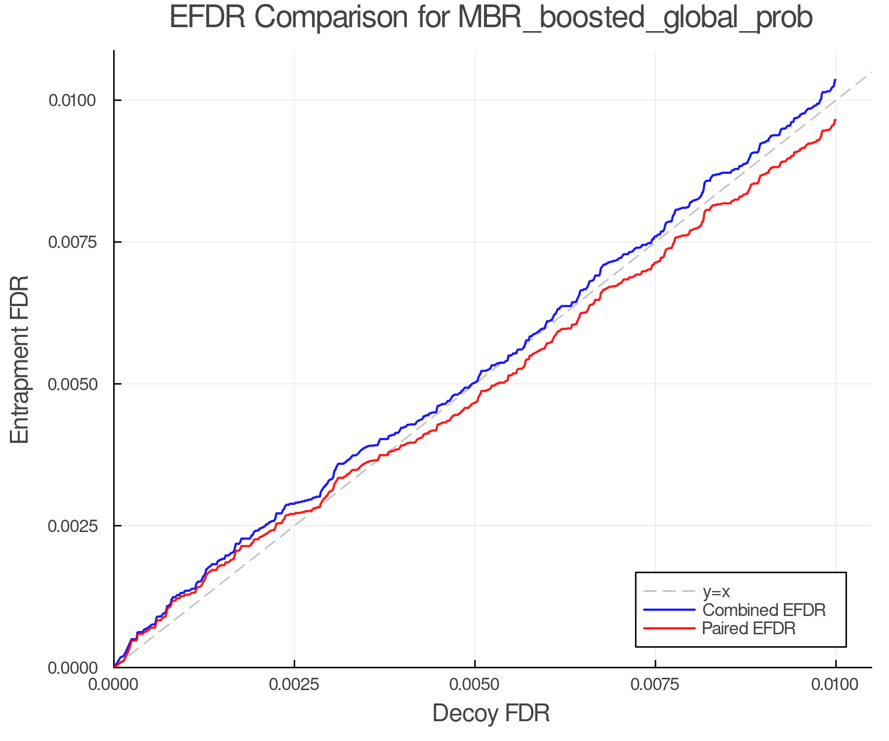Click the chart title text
(490, 18)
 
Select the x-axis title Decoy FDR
(491, 713)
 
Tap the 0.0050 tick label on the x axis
(475, 685)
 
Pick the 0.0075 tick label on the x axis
(655, 685)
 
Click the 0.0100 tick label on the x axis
(835, 685)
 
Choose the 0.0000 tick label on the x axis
(114, 685)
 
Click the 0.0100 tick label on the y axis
(72, 100)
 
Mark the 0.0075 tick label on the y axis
(72, 242)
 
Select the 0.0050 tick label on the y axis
(72, 384)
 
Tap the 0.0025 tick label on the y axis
(72, 526)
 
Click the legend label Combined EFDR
(764, 610)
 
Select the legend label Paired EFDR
(749, 628)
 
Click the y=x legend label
(716, 591)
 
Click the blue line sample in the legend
(669, 610)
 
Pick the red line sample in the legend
(669, 628)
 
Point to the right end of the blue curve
(835, 80)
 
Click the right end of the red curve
(835, 120)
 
